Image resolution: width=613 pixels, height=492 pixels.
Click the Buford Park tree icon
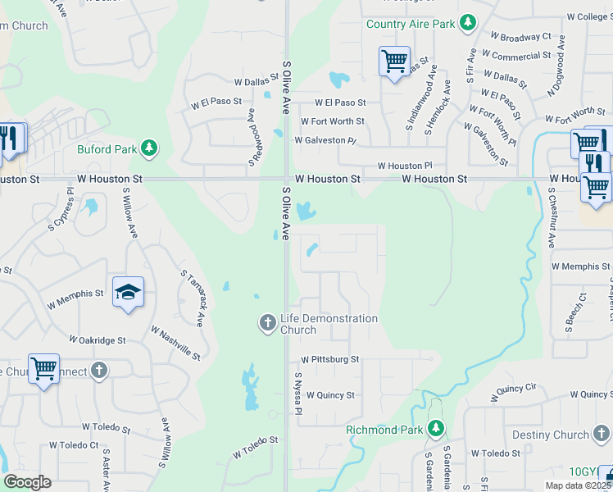(149, 148)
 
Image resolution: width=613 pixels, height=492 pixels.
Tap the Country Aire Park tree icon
(468, 23)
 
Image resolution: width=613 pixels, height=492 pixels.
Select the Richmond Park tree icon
(437, 428)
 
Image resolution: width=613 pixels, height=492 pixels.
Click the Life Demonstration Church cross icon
(267, 323)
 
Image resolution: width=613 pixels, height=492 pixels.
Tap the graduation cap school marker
(129, 293)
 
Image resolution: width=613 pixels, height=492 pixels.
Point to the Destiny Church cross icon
(602, 434)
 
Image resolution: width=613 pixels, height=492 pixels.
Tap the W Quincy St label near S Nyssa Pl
(330, 395)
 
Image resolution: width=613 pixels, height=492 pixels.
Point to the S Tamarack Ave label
(193, 296)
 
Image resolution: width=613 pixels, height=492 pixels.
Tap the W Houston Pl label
(404, 166)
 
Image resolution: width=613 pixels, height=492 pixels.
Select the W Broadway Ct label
(520, 38)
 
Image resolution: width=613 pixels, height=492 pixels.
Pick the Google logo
(27, 482)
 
